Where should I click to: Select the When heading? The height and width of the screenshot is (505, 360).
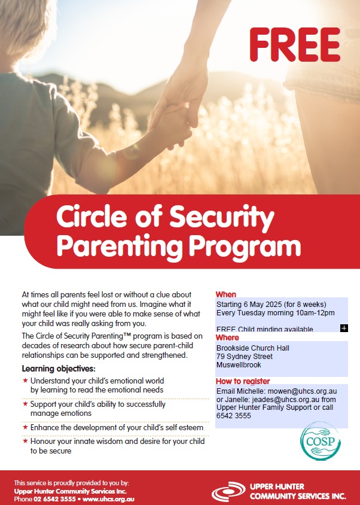226,294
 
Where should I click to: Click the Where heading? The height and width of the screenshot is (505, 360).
227,337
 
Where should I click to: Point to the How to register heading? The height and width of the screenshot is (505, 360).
243,381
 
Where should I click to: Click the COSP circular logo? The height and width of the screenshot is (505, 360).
321,441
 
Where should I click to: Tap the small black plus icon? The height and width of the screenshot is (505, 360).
344,328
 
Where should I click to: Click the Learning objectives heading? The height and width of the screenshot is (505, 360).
59,369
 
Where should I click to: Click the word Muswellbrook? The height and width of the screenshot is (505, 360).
239,364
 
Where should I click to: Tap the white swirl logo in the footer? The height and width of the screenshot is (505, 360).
228,492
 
